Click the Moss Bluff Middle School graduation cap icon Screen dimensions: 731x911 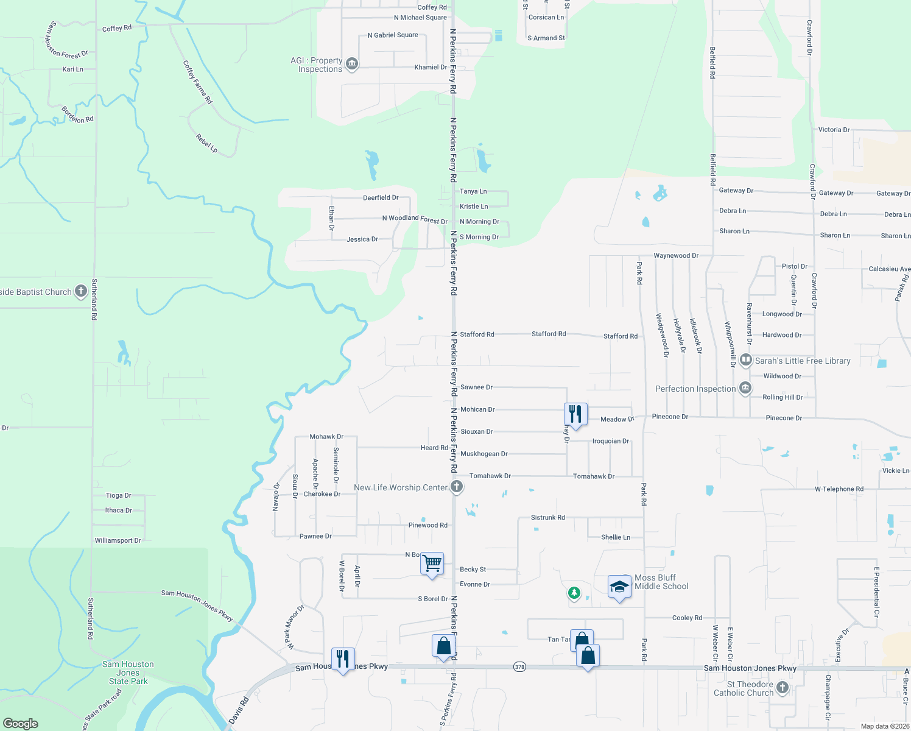(x=619, y=587)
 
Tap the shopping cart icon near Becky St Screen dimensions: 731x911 (x=432, y=563)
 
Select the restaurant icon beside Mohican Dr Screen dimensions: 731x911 (x=575, y=414)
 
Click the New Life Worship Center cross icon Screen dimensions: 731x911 (x=457, y=487)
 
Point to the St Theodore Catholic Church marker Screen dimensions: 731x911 (x=783, y=688)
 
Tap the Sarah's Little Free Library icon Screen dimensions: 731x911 (x=746, y=360)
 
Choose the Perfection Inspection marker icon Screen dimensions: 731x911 (x=745, y=388)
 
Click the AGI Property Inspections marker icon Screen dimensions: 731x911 (x=351, y=64)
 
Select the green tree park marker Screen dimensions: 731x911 (x=574, y=592)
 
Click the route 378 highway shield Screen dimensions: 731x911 (x=519, y=666)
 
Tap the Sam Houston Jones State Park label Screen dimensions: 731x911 (x=128, y=673)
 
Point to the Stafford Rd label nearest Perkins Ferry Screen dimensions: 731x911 (x=477, y=334)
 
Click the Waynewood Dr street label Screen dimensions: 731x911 (x=676, y=256)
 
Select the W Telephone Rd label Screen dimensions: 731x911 (x=839, y=489)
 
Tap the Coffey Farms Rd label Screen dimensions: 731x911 (x=197, y=82)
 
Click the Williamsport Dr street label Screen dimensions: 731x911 (x=118, y=540)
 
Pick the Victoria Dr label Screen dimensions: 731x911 (x=834, y=130)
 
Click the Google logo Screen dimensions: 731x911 (x=21, y=723)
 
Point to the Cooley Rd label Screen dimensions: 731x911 (x=687, y=618)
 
